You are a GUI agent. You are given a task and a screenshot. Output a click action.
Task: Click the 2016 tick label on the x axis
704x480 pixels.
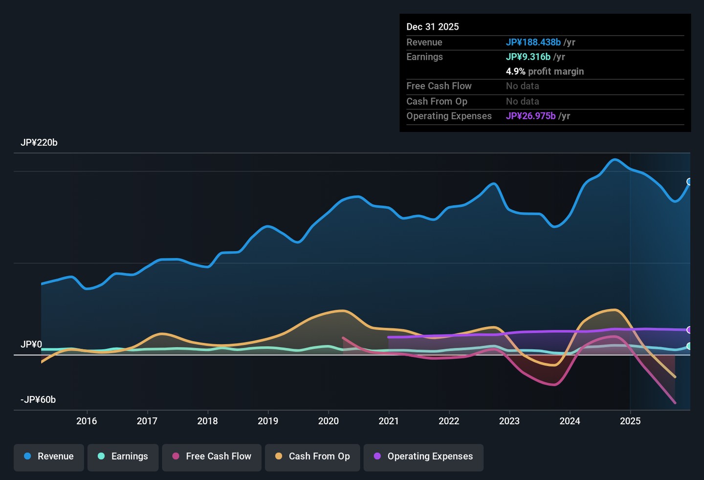coord(87,421)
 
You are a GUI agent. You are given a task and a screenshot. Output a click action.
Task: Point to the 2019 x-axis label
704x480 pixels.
coord(268,421)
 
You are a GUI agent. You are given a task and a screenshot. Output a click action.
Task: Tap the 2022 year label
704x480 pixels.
coord(449,421)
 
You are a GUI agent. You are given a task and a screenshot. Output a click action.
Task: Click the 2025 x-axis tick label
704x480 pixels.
coord(630,421)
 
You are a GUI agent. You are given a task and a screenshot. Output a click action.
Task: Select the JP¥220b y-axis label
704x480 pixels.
coord(39,143)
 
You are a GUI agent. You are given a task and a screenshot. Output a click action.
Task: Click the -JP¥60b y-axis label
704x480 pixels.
coord(38,399)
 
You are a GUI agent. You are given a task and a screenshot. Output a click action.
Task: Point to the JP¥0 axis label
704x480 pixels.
coord(31,344)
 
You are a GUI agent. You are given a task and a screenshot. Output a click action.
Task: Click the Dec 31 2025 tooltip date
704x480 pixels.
coord(433,27)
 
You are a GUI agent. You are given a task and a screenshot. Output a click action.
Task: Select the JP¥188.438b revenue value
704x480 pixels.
coord(533,42)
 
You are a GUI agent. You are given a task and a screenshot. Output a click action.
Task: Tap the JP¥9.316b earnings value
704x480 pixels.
coord(528,57)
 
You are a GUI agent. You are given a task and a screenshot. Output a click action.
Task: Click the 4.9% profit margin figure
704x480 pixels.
coord(515,71)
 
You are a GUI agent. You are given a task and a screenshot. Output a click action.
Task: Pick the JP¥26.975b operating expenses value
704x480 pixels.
coord(530,116)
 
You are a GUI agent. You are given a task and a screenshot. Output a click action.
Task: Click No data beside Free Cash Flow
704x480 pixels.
coord(522,86)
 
